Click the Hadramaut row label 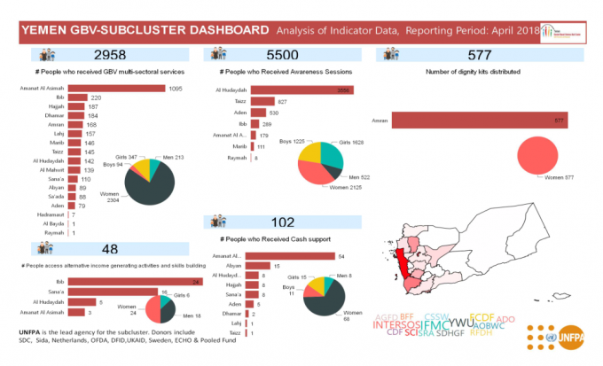coord(49,215)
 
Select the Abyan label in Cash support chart coord(234,266)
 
